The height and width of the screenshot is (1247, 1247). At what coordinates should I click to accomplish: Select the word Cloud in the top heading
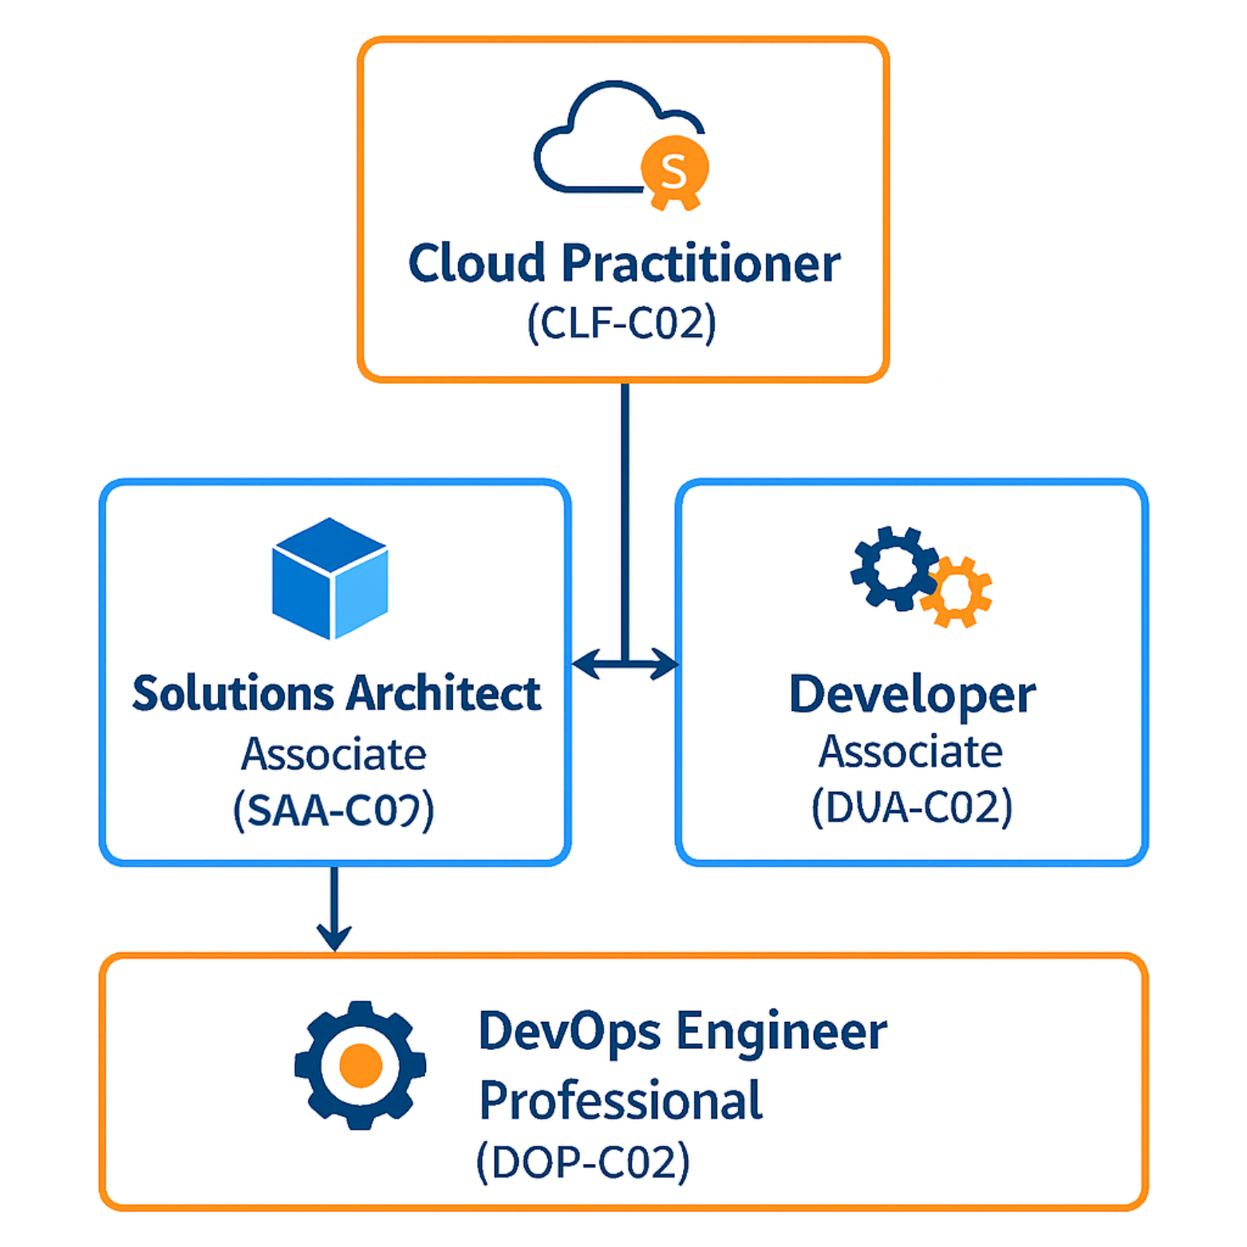pyautogui.click(x=476, y=263)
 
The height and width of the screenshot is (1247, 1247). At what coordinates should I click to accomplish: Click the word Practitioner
pyautogui.click(x=701, y=263)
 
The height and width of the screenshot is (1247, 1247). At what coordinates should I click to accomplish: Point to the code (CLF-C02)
pyautogui.click(x=622, y=324)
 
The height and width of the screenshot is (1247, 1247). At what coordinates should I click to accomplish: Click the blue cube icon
pyautogui.click(x=330, y=578)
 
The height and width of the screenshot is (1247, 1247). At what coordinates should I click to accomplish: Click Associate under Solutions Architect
pyautogui.click(x=333, y=754)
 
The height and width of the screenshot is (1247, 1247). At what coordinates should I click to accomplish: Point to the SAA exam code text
pyautogui.click(x=333, y=810)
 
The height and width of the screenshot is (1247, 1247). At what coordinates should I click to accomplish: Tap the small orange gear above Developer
pyautogui.click(x=957, y=592)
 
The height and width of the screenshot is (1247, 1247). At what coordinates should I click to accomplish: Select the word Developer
pyautogui.click(x=912, y=694)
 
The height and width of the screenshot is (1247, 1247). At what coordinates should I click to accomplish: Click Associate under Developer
pyautogui.click(x=910, y=752)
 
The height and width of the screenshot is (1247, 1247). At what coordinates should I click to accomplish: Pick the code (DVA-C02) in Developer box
pyautogui.click(x=912, y=807)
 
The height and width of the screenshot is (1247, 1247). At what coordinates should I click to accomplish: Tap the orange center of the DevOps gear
pyautogui.click(x=361, y=1065)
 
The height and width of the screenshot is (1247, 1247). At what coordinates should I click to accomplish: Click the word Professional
pyautogui.click(x=621, y=1100)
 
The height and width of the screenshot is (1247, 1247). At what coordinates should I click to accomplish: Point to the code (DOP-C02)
pyautogui.click(x=583, y=1162)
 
